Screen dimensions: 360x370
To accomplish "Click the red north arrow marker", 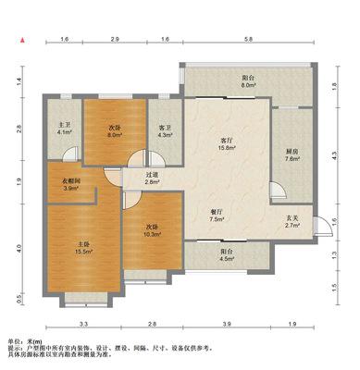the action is pos(22,40).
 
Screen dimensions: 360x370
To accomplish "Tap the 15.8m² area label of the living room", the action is pos(227,147).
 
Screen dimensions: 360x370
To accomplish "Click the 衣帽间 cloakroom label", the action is pos(71,180).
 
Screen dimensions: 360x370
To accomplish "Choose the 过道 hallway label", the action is pos(152,175).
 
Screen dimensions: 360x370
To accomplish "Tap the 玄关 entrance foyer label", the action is pos(292,218).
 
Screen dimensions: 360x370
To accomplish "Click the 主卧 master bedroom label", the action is pos(83,244).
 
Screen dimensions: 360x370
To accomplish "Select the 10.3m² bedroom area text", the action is pos(154,234).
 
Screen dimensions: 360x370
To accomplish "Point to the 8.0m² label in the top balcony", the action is pos(249,85).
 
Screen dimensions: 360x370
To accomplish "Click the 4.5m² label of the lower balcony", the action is pos(227,259).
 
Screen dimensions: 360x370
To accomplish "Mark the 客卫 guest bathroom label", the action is pos(164,128).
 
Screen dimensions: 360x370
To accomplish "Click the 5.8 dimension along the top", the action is pos(249,39).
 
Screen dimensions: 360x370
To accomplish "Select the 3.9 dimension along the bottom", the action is pos(227,324).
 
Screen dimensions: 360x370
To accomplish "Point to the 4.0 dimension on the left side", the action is pos(19,247).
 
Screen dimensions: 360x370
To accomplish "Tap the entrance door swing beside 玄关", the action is pos(325,226).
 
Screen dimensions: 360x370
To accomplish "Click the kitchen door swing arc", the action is pos(279,190).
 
